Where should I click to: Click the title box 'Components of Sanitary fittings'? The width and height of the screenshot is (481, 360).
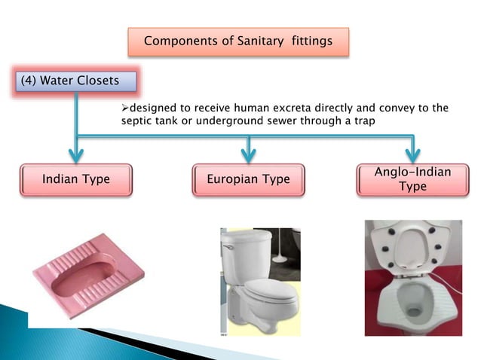click(237, 41)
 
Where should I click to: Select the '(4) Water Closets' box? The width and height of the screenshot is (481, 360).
click(75, 81)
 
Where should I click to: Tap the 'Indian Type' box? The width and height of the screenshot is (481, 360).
click(75, 180)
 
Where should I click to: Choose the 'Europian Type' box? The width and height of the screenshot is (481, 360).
click(248, 180)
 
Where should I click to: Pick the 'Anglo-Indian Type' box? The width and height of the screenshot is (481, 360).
click(412, 180)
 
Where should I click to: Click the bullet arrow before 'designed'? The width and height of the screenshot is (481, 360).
click(126, 108)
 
